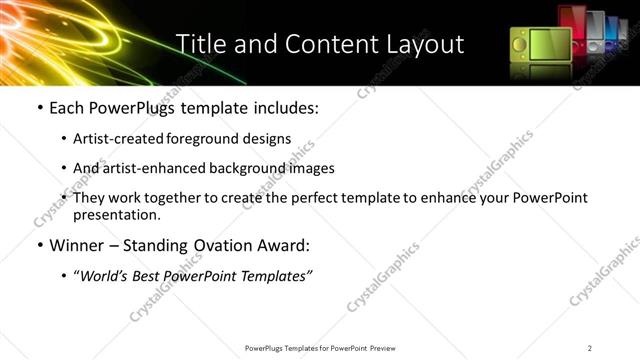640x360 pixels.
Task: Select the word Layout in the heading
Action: tap(423, 44)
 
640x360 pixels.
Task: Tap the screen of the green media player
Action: tap(548, 45)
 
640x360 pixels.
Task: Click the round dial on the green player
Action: tap(521, 45)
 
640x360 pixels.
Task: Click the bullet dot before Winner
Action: tap(39, 246)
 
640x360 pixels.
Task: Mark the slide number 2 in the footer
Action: tap(590, 348)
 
